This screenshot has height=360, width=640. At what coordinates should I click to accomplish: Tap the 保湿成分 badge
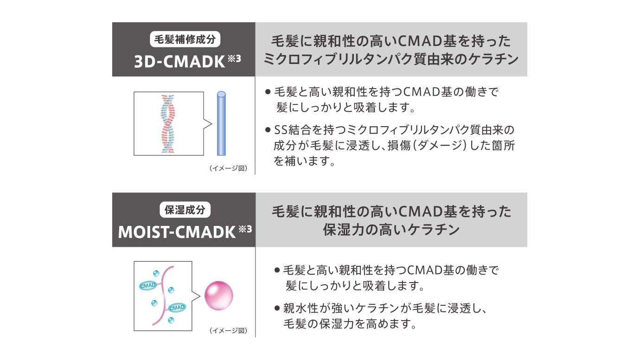185,210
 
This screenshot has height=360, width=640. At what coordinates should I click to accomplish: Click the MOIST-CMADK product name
177,231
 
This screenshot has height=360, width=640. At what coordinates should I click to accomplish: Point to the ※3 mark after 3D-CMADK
235,58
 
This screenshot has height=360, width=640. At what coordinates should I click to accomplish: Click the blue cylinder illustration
221,123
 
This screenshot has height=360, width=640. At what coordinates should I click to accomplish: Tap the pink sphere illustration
218,296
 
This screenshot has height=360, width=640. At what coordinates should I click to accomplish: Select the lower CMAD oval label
177,308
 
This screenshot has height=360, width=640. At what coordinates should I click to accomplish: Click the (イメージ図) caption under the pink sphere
228,331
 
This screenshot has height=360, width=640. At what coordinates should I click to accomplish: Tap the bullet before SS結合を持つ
268,129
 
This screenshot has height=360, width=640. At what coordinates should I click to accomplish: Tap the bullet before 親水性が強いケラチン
277,308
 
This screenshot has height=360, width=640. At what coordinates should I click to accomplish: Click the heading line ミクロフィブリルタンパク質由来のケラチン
390,59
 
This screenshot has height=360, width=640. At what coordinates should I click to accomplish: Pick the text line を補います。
304,161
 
